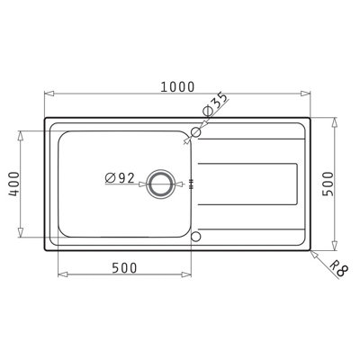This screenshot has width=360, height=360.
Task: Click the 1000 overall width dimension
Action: click(178, 86)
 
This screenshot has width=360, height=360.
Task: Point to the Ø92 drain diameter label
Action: click(120, 178)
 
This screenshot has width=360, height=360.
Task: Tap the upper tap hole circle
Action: click(194, 132)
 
